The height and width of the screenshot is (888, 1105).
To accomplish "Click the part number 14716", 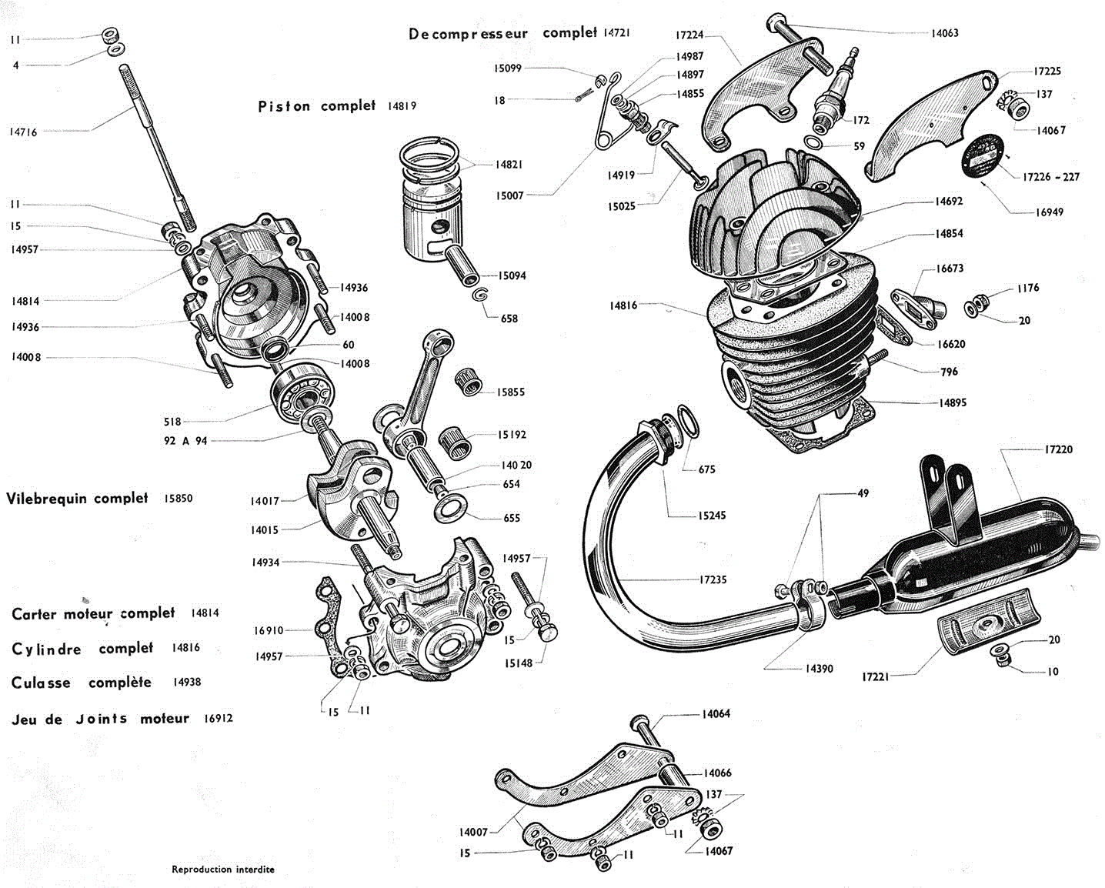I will point(23,132).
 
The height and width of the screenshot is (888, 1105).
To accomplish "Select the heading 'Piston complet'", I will point(316,106).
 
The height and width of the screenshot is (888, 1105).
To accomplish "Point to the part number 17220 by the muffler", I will point(1058,449).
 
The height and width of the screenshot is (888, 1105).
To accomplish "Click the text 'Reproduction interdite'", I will point(222,870).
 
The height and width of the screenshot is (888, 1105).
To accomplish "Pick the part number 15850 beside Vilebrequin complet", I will point(178,499).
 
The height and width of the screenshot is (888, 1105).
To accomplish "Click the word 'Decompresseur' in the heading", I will point(468,34).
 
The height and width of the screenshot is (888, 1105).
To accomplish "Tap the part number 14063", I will point(944,33).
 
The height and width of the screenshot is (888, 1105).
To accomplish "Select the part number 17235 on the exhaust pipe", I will point(713,579).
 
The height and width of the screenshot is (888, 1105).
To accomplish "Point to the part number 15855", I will point(510,392).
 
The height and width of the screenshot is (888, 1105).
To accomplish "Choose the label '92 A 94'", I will point(185,441).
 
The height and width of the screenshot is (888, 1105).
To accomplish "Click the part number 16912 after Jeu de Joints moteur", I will point(218,719).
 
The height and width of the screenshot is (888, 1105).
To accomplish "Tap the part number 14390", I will point(819,669).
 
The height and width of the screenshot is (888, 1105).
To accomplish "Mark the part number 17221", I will point(875,677).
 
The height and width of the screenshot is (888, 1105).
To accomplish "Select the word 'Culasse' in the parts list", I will point(41,683).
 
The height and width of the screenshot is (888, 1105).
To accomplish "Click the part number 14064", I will point(716,714).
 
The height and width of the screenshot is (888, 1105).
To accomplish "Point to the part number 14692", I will point(949,202).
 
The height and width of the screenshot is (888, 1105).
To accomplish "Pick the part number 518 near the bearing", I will point(172,422).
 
